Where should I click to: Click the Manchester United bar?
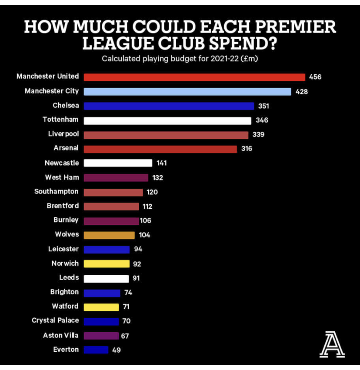194,77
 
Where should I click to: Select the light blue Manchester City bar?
187,91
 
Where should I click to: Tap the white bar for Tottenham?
167,120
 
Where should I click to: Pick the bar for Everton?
96,350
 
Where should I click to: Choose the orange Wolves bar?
109,235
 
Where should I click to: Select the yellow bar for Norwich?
107,263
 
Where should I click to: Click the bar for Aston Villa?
101,336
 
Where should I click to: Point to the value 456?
315,77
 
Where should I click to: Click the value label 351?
263,106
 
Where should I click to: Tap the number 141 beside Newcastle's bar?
161,163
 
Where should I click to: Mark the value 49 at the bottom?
116,350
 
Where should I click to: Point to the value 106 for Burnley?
146,220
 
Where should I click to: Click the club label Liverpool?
63,134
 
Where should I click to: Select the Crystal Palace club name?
55,320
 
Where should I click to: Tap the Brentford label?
63,206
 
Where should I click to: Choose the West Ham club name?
62,177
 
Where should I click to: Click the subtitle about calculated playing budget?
180,59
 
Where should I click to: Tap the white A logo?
332,344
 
